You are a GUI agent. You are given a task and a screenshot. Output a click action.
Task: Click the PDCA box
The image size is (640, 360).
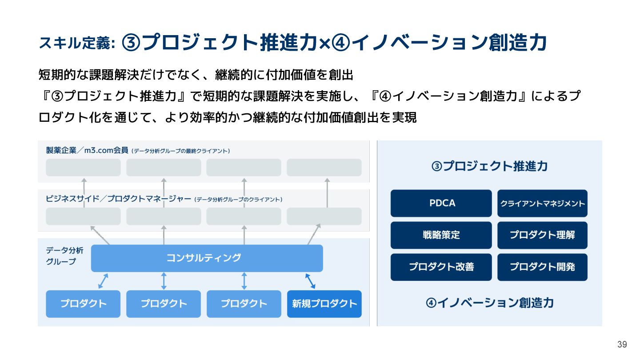(441, 203)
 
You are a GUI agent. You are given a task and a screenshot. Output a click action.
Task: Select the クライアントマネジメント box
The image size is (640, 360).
(542, 203)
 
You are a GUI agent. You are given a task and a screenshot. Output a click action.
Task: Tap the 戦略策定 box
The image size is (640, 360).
(441, 235)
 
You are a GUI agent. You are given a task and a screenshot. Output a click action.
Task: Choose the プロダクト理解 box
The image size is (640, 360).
(542, 235)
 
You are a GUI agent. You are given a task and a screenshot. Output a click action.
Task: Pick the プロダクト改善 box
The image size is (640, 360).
(441, 267)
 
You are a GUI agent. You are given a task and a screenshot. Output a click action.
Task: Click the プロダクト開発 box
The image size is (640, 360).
(542, 267)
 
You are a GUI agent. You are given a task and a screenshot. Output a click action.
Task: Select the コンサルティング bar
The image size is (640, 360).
(207, 258)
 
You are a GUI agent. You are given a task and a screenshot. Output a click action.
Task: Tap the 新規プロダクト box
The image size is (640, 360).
(324, 304)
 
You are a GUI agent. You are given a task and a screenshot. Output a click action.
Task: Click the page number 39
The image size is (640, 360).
(622, 344)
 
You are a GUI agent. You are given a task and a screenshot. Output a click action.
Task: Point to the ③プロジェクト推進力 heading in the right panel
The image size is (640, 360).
(489, 167)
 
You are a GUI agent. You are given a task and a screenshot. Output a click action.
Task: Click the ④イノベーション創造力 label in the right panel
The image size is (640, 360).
(489, 303)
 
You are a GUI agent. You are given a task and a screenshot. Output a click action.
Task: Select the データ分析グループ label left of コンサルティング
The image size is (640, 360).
(61, 256)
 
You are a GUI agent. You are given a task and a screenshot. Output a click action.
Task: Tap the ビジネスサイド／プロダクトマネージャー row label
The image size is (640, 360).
(118, 199)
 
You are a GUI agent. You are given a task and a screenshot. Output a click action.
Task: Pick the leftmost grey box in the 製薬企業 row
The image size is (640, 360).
(83, 168)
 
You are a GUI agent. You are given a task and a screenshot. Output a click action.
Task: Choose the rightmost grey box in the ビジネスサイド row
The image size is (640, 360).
(324, 216)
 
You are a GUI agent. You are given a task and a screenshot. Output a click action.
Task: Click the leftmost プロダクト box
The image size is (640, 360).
(83, 304)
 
